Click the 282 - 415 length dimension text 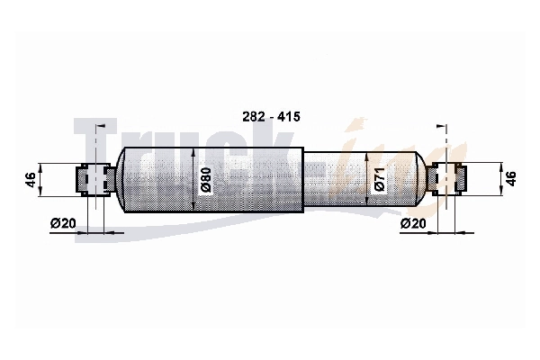271,117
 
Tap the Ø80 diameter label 205,180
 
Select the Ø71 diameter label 379,179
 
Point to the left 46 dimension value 31,180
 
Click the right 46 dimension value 511,179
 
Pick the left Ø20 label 63,223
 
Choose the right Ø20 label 413,223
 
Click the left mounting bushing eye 95,180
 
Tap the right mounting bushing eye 446,179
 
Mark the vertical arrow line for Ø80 193,179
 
